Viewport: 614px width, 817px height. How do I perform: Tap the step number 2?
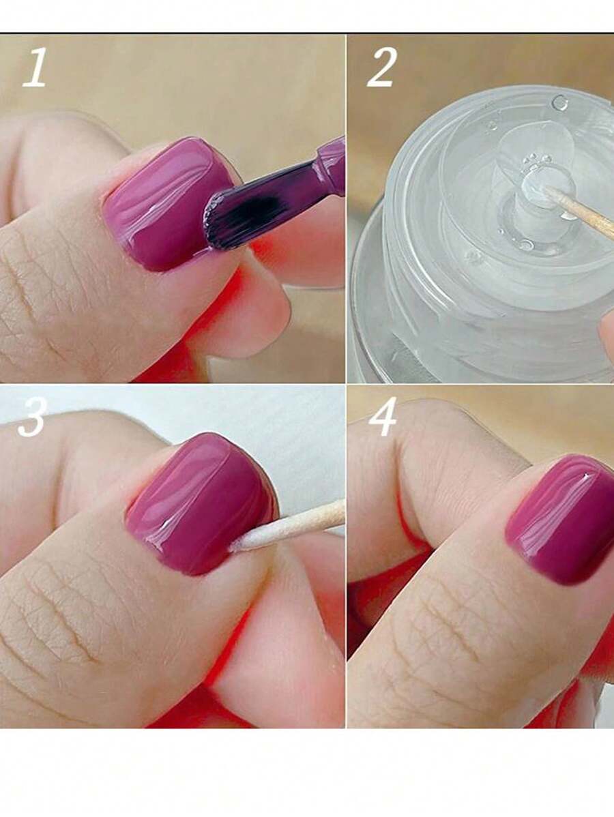(x=382, y=68)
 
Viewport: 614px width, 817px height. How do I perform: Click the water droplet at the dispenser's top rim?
(x=560, y=102)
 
